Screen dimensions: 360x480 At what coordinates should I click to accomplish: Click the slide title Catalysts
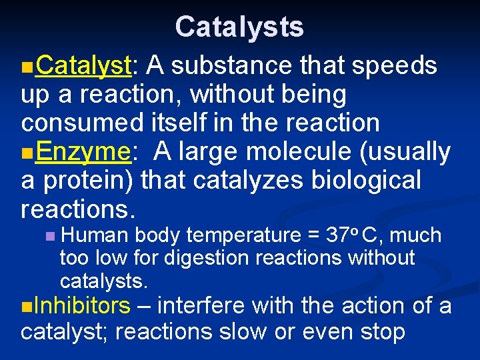tap(239, 27)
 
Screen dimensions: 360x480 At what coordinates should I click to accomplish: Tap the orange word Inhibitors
tap(81, 305)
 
